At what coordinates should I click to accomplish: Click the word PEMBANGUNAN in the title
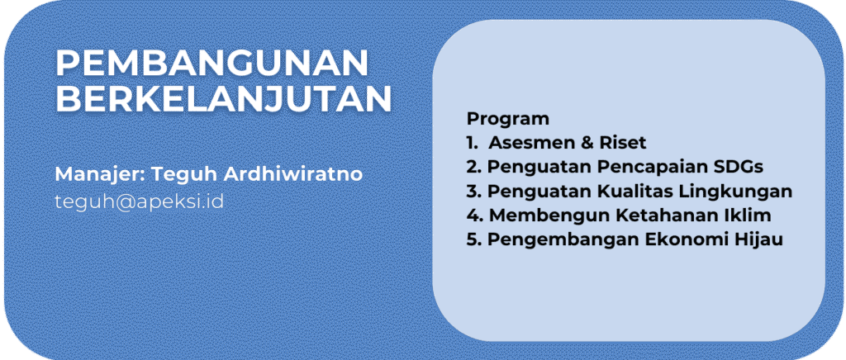(211, 64)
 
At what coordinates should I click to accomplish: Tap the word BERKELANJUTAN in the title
(223, 99)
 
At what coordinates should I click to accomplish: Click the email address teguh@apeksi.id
(139, 201)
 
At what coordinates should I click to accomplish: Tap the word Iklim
(748, 216)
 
